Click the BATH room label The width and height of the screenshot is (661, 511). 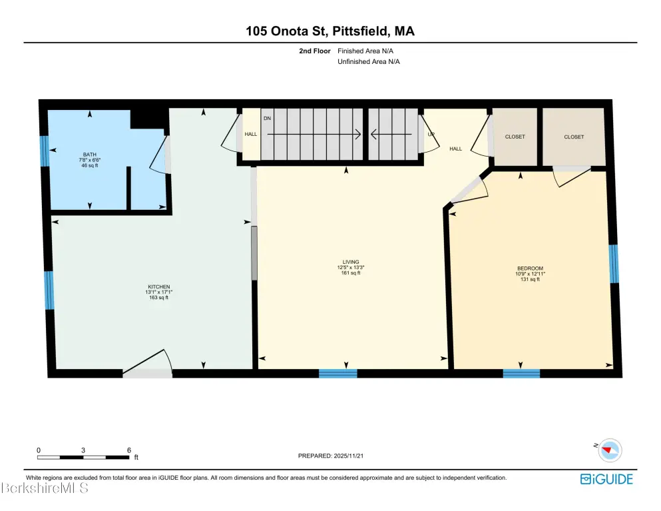coord(89,155)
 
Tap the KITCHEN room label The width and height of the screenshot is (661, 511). coord(159,287)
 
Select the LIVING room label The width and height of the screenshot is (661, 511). coord(351,262)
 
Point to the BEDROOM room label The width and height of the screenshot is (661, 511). coord(531,268)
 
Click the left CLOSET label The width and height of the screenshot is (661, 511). coord(515,137)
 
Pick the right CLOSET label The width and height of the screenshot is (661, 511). coord(574,137)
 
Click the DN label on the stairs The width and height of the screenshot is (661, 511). coord(268,119)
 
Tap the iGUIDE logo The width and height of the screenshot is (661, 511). coord(606,479)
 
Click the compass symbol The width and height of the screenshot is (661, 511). coord(610,450)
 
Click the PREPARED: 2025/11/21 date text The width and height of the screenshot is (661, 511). coord(331,456)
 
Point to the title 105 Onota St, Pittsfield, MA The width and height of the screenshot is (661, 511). coord(330,31)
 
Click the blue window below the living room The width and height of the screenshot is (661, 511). coord(338,374)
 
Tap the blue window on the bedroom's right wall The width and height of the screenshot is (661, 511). coord(614,264)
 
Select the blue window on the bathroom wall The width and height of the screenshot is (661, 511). coord(45,151)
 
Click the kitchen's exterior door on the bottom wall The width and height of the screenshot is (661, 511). coord(148,364)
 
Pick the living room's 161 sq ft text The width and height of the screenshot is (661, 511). coord(351,273)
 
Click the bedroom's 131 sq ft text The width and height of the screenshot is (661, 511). coord(531,279)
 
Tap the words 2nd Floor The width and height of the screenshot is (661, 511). coord(315,51)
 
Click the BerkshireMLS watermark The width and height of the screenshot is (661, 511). coord(45,488)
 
